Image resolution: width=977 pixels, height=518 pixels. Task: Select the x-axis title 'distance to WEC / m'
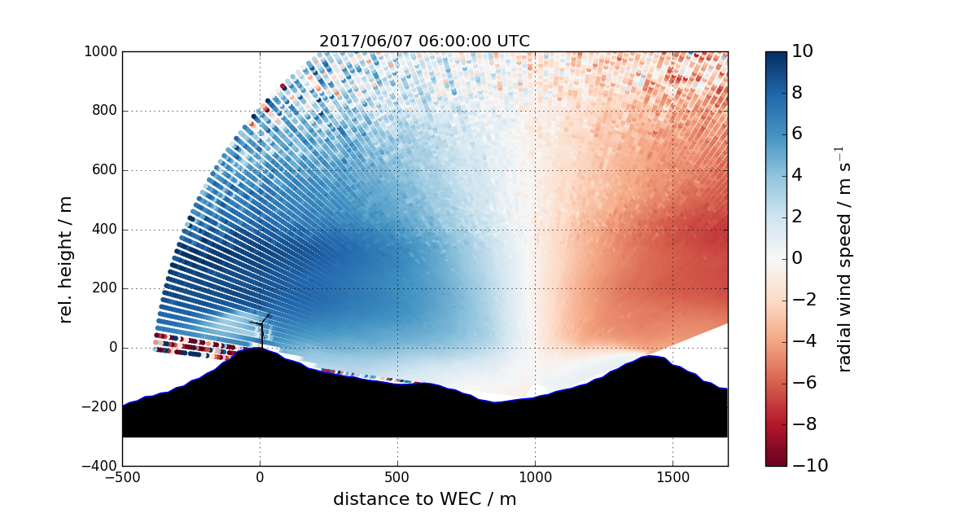[x=424, y=499]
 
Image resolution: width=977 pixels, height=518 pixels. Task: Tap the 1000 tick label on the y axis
[x=100, y=52]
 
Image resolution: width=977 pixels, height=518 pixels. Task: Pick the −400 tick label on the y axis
[x=101, y=466]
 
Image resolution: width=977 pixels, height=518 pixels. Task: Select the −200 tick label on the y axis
[x=101, y=407]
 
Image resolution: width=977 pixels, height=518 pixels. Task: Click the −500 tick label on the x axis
[x=122, y=479]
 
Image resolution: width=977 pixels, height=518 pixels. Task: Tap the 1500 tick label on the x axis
[x=673, y=479]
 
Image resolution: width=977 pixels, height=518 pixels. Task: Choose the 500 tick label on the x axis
[x=397, y=479]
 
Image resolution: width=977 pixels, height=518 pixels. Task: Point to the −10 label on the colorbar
[x=807, y=466]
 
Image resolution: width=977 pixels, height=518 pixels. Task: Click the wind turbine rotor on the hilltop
[x=262, y=324]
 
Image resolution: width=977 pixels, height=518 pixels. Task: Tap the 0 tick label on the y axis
[x=112, y=348]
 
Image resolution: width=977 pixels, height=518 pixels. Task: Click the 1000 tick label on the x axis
[x=535, y=479]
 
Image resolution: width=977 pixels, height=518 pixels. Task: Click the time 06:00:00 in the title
[x=454, y=42]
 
